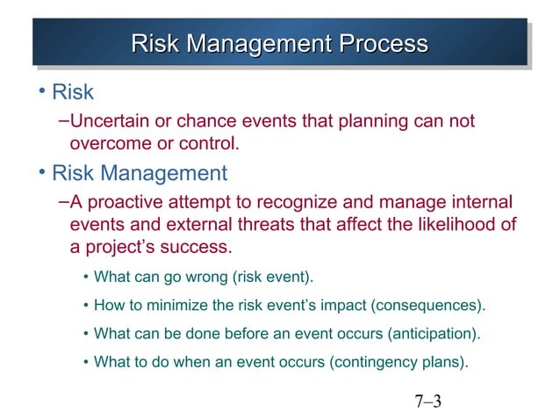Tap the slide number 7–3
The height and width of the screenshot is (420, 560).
click(x=427, y=403)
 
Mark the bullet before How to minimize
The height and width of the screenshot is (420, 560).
click(x=85, y=307)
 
